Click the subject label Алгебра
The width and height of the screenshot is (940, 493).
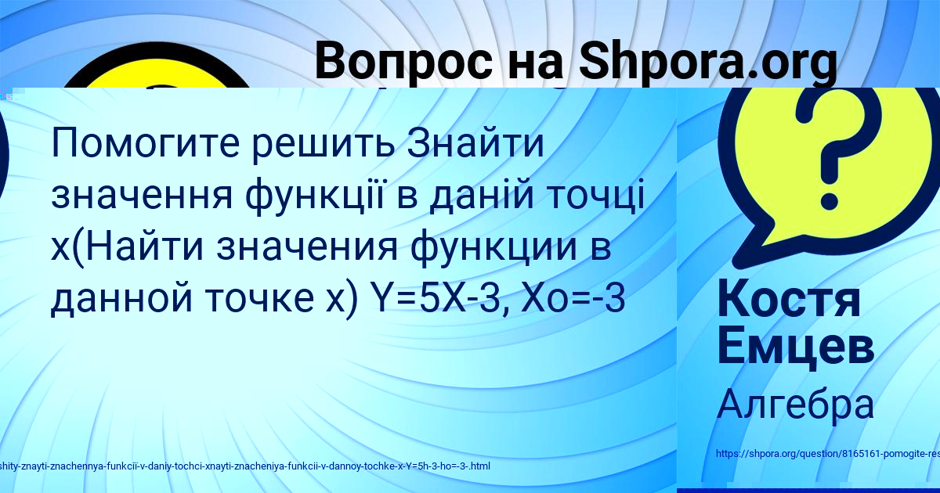click(x=794, y=405)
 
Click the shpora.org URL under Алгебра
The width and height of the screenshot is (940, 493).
click(x=827, y=454)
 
